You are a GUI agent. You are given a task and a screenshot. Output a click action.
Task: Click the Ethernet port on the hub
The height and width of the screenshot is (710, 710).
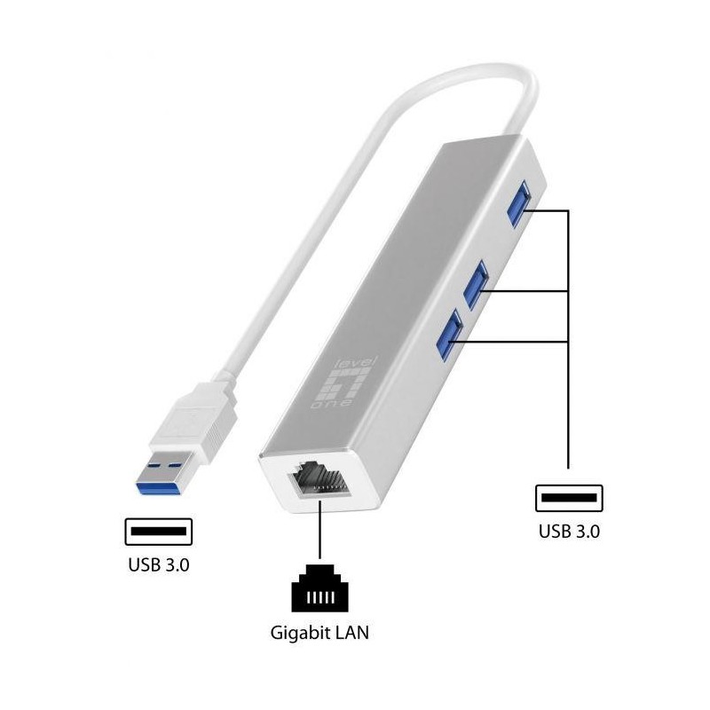(x=319, y=481)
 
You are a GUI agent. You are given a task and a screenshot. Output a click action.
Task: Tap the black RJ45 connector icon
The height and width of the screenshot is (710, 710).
(x=320, y=588)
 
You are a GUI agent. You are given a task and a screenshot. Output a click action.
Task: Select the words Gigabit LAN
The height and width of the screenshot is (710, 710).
(x=319, y=633)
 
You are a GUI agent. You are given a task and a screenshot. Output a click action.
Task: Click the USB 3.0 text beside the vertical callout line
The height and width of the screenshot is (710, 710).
(x=569, y=531)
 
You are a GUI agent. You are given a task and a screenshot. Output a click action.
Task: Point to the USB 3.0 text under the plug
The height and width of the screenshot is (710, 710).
(x=159, y=564)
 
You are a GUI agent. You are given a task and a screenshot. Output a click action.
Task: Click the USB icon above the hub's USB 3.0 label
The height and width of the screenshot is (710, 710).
(x=569, y=498)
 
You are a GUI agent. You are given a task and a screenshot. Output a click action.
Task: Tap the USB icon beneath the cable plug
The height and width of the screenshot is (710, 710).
(x=159, y=532)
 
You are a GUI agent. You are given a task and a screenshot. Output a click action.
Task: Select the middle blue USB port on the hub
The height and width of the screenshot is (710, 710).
(x=475, y=284)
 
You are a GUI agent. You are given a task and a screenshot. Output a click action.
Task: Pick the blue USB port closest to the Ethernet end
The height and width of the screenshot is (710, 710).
(x=449, y=335)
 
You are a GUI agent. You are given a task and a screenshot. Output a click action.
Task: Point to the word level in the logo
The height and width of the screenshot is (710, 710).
(x=357, y=362)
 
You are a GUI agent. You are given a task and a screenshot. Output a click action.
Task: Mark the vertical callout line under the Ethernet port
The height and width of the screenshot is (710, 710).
(x=320, y=529)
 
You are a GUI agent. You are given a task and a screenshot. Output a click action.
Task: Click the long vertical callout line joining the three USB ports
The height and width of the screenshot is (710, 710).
(x=568, y=339)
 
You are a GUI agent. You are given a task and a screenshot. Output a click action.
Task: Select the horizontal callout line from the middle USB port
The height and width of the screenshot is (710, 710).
(x=523, y=291)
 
